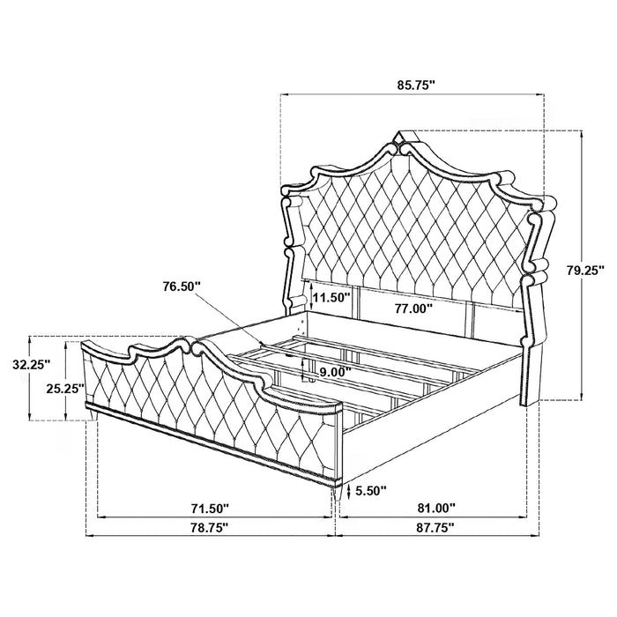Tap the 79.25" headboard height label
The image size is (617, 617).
click(x=584, y=271)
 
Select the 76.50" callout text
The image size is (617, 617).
click(x=182, y=286)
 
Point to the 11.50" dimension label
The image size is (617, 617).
click(x=331, y=297)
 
